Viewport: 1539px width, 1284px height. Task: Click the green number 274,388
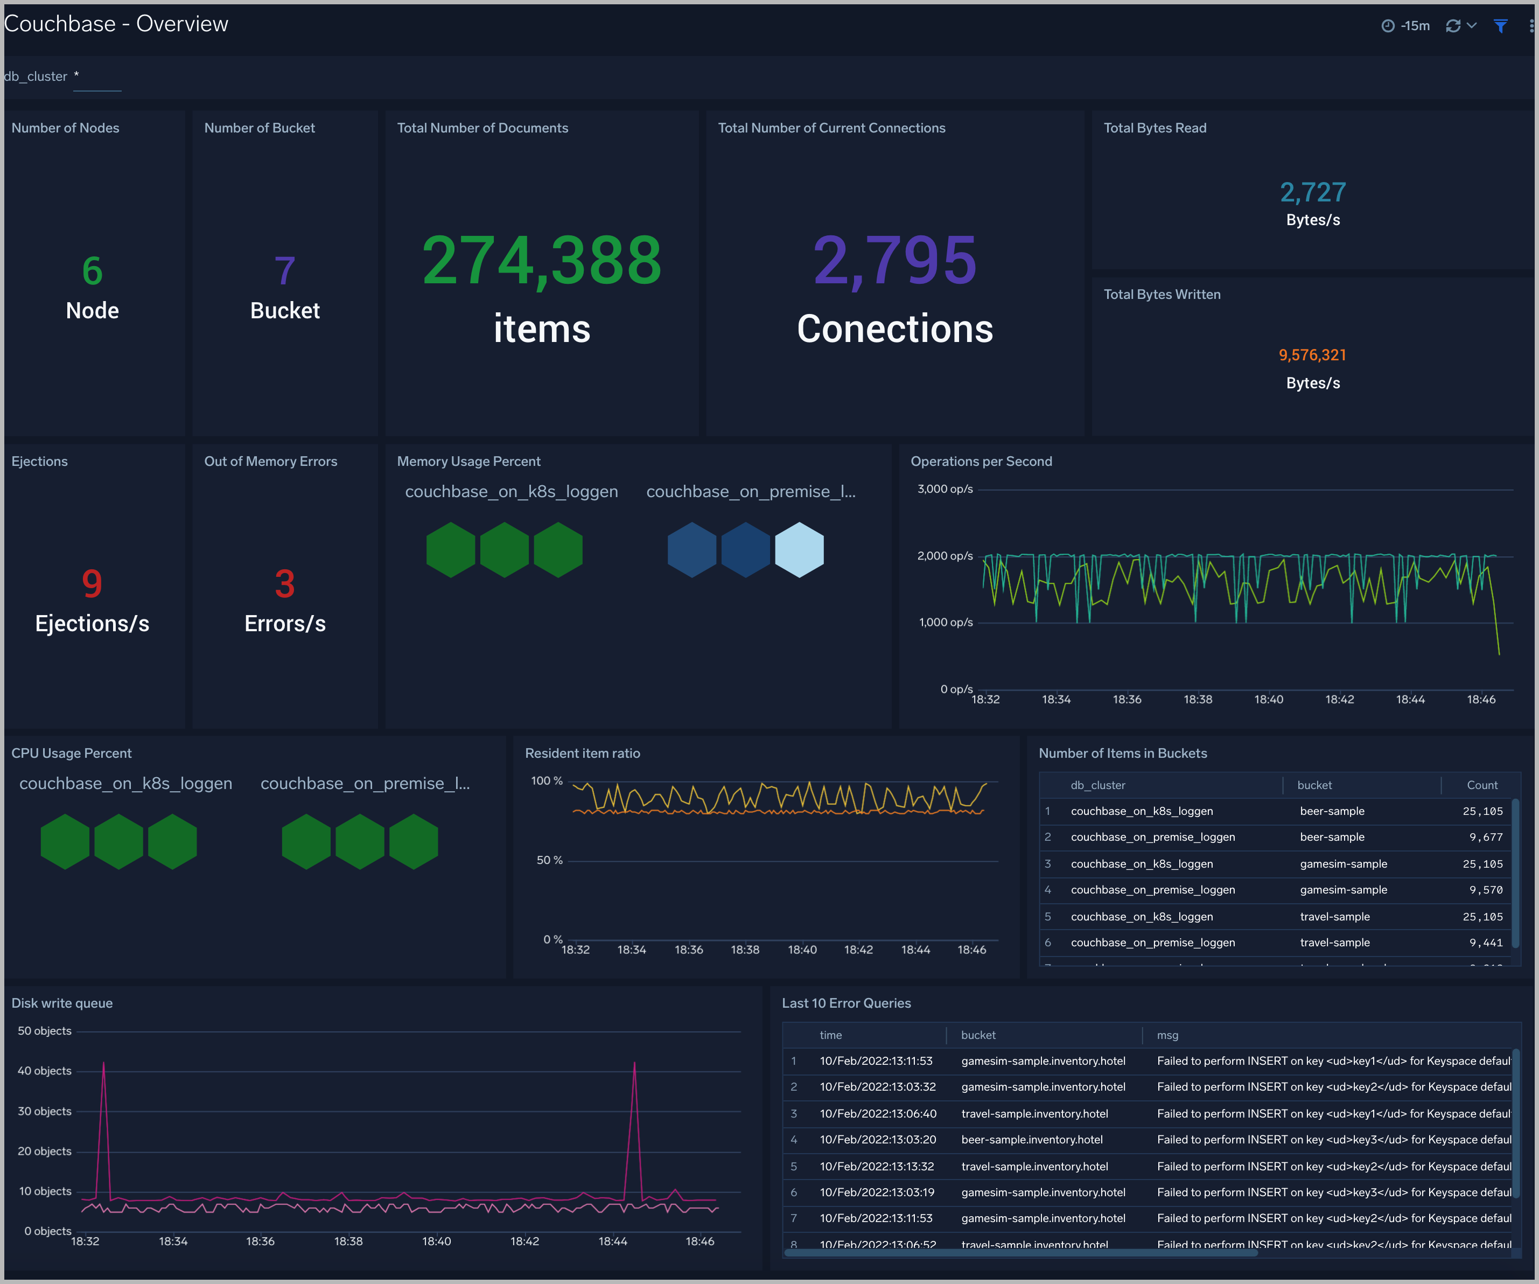coord(542,260)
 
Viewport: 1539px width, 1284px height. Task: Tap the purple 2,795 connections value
coord(895,260)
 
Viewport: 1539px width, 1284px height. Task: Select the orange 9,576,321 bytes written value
coord(1312,355)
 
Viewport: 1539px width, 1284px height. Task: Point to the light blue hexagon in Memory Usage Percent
coord(799,550)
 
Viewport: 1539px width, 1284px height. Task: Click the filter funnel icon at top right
coord(1500,26)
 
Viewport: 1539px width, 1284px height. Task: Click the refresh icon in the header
coord(1452,26)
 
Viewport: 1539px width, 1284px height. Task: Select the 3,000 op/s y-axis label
coord(945,489)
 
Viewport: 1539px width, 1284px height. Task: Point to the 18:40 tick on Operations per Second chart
coord(1269,699)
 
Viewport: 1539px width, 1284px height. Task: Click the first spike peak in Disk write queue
coord(103,1063)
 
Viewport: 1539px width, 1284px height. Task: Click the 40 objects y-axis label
coord(44,1071)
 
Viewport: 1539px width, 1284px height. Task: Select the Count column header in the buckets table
coord(1482,785)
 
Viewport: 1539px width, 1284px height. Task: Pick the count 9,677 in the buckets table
coord(1486,837)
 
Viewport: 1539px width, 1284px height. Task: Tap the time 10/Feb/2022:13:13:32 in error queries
coord(877,1166)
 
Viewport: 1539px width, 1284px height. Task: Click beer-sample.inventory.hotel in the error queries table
coord(1031,1140)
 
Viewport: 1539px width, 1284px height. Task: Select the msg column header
coord(1167,1035)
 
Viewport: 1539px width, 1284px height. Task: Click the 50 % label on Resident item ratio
coord(549,860)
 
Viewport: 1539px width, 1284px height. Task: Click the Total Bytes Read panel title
coord(1155,128)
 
